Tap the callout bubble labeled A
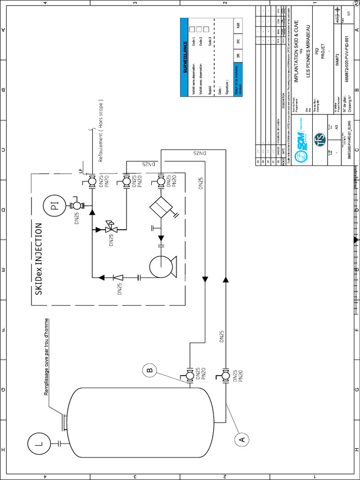click(242, 439)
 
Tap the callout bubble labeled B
click(150, 371)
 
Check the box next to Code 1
click(192, 29)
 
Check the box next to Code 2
click(199, 29)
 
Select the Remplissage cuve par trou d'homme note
click(46, 356)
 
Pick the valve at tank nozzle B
click(190, 375)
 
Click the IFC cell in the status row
click(238, 41)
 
